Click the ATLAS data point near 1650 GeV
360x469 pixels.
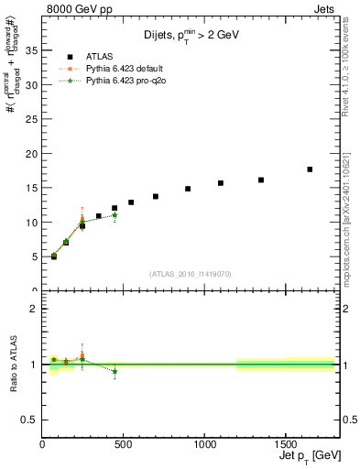click(x=310, y=169)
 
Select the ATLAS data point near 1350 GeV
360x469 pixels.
click(x=261, y=180)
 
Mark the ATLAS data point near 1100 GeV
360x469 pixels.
click(x=221, y=183)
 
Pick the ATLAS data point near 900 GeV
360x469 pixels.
click(x=188, y=189)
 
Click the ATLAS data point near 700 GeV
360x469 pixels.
click(x=156, y=196)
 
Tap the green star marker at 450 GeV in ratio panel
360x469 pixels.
click(x=115, y=371)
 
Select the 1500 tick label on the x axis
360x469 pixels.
click(x=285, y=444)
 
